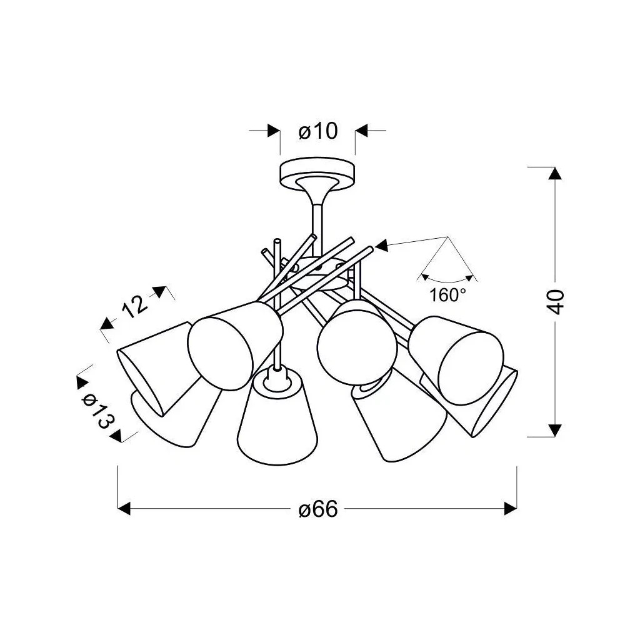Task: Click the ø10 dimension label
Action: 318,131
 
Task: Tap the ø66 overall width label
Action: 318,509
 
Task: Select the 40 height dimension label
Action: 556,302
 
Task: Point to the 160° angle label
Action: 447,295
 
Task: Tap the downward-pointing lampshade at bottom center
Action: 277,417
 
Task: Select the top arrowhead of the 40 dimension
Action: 555,174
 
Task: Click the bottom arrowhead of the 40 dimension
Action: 555,430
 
